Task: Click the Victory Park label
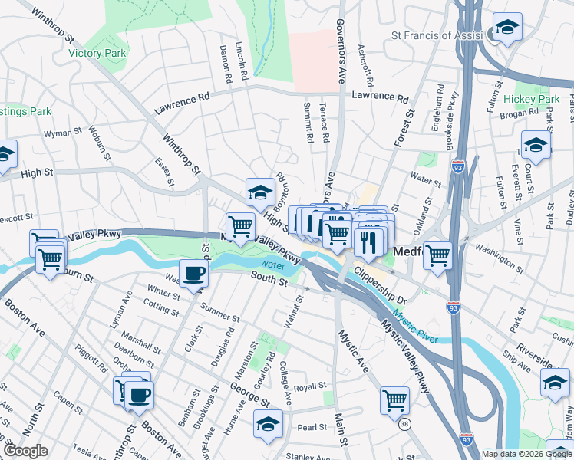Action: (97, 54)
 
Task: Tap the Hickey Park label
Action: (532, 100)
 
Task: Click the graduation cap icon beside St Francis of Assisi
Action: (507, 29)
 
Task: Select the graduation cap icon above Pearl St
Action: (268, 422)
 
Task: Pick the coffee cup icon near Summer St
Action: (193, 273)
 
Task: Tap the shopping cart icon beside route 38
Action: (394, 399)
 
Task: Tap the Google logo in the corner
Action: (25, 451)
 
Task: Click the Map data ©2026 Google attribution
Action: (526, 454)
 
